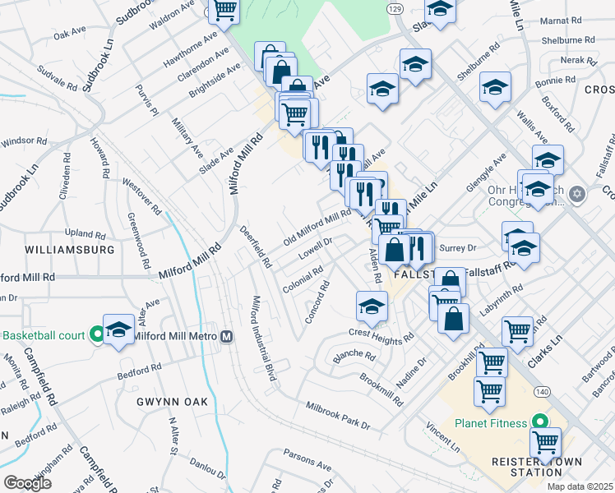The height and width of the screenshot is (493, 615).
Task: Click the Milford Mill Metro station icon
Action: click(226, 337)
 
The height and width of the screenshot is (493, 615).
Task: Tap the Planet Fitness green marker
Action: click(541, 422)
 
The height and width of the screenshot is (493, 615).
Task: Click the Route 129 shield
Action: click(395, 7)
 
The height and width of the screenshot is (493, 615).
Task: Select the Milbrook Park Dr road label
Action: click(339, 416)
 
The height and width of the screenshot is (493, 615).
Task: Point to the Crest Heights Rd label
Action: click(381, 336)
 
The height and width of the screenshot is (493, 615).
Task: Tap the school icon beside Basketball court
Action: click(118, 329)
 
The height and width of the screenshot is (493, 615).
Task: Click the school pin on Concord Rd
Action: click(372, 306)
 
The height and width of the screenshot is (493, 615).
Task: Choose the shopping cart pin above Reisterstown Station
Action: click(545, 442)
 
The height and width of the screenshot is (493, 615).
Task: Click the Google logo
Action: click(27, 483)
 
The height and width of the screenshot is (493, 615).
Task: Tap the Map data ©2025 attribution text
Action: click(580, 486)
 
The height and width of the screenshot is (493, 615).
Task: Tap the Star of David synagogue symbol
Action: click(577, 194)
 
